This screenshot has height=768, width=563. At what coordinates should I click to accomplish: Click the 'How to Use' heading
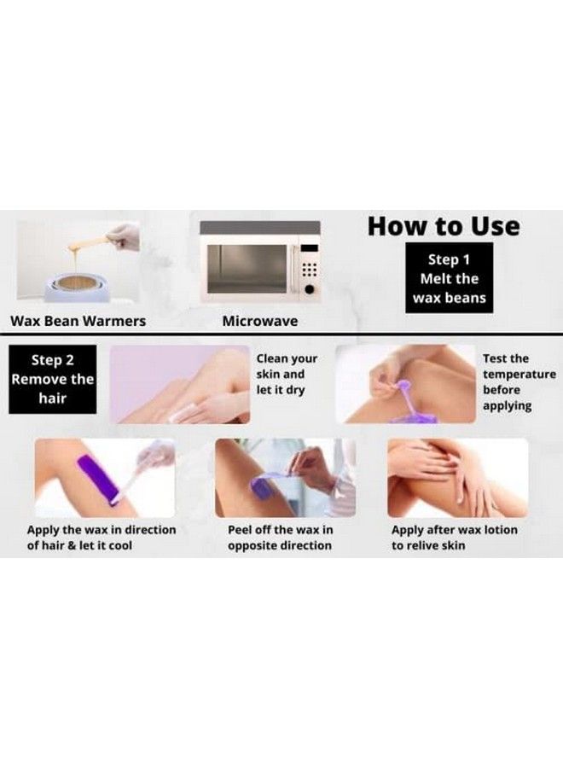[443, 227]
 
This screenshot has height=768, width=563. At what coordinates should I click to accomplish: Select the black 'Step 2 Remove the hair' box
[52, 379]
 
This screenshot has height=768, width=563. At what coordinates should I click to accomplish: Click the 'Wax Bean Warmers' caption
[78, 322]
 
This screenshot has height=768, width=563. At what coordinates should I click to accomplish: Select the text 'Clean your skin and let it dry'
[286, 375]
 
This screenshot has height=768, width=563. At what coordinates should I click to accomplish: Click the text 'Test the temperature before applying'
[519, 382]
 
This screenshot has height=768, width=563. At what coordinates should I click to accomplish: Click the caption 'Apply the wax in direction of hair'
[101, 538]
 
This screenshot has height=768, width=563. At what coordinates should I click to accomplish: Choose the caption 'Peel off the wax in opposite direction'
[280, 538]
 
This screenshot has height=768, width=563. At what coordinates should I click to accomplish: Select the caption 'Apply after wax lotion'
[454, 538]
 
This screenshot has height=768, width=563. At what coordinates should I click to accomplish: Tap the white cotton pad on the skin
[179, 416]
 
